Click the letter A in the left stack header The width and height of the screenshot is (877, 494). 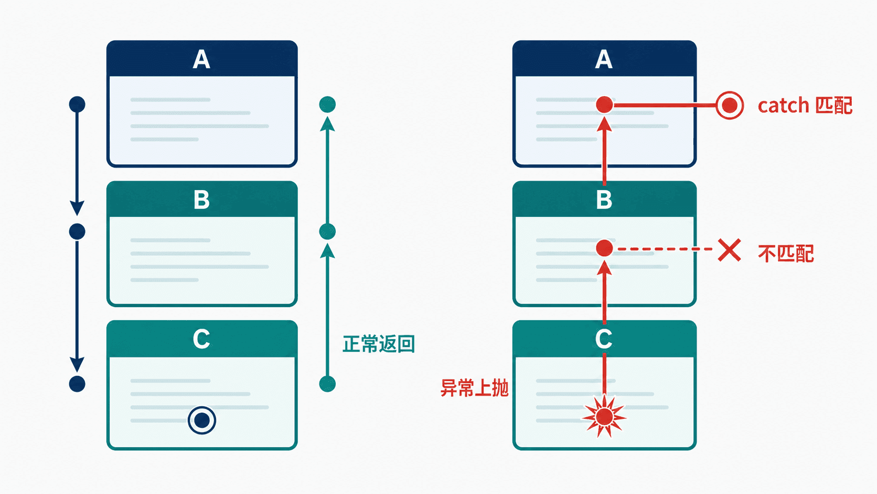[x=201, y=59]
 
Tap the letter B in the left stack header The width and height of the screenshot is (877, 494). [x=201, y=200]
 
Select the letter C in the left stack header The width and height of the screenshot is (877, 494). [x=201, y=339]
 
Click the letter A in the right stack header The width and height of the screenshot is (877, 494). [x=604, y=59]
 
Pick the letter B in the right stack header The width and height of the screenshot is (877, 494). [x=604, y=200]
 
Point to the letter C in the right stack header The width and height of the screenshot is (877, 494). [x=604, y=339]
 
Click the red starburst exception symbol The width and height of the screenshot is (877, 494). [x=604, y=416]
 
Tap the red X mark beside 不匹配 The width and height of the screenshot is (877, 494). [x=730, y=250]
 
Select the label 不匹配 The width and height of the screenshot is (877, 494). [x=786, y=254]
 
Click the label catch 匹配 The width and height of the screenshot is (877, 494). [x=805, y=106]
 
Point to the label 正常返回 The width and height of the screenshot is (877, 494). [x=379, y=344]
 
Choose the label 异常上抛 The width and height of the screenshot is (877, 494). [x=475, y=388]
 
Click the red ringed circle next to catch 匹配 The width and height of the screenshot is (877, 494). [x=730, y=106]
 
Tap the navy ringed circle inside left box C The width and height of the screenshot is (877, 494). [x=202, y=421]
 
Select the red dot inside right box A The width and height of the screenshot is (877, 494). [x=604, y=104]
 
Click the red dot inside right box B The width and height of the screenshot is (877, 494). [x=604, y=248]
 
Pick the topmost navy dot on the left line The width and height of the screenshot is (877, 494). [x=77, y=104]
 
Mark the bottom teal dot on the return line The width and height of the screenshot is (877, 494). [x=327, y=384]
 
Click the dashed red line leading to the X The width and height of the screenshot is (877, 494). [x=665, y=249]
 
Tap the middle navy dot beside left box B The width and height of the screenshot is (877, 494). [x=77, y=232]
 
